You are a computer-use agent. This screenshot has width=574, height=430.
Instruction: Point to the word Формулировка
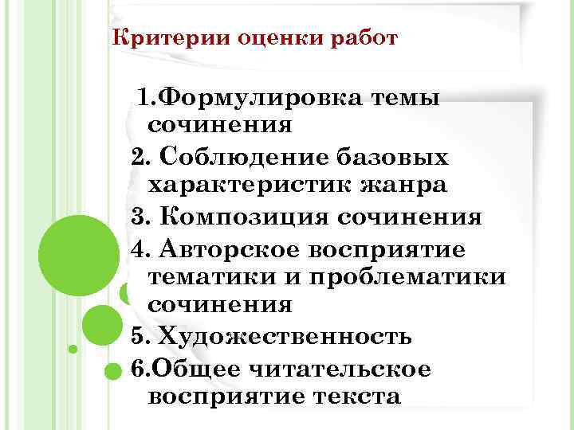pyautogui.click(x=261, y=98)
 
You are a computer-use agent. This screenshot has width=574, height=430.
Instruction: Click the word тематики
pyautogui.click(x=210, y=276)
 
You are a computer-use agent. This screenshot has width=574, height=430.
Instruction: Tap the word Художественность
pyautogui.click(x=284, y=336)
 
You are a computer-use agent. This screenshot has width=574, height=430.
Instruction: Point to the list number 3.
pyautogui.click(x=136, y=217)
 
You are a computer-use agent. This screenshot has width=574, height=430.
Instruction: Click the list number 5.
pyautogui.click(x=136, y=336)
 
